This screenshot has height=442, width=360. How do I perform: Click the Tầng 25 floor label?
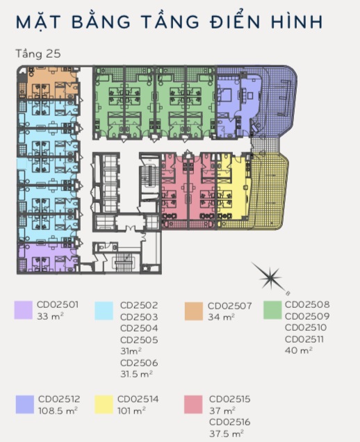pos(38,54)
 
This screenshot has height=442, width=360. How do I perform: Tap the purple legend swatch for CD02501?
pos(24,310)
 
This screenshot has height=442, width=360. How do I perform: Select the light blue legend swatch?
pos(104,311)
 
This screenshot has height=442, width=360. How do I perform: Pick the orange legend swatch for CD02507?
pos(194,311)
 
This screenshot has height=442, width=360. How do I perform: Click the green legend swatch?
pos(272,310)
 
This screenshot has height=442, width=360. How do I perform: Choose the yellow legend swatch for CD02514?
pos(104,404)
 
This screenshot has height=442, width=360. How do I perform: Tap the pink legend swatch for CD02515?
pos(193,404)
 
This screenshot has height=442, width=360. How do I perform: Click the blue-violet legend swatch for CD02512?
pos(25,404)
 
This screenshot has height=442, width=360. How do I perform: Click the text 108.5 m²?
pos(58,411)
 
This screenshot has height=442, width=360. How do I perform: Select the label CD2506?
pos(139,363)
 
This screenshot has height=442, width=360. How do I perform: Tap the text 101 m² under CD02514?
pos(131,411)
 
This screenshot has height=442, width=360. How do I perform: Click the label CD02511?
pos(304,339)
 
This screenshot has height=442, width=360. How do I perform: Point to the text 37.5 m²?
pos(227,433)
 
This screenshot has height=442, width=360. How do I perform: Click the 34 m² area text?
pos(221,317)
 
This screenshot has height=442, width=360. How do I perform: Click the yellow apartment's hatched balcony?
pos(269,192)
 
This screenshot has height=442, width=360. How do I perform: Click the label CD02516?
pos(230,422)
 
